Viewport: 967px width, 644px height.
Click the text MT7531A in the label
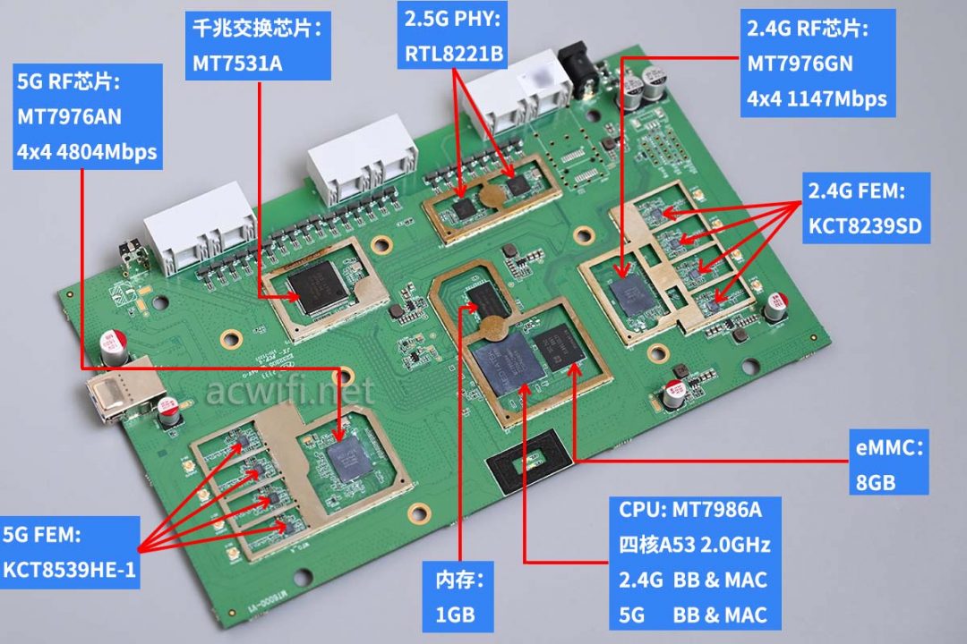[x=237, y=64]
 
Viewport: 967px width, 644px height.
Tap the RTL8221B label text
[x=454, y=55]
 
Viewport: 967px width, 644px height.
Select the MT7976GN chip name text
[x=800, y=64]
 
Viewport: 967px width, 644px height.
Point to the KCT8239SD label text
[x=865, y=226]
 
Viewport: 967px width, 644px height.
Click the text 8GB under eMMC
[x=876, y=482]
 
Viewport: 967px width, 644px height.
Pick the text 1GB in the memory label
[x=455, y=614]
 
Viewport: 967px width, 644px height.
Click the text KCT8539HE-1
[x=69, y=570]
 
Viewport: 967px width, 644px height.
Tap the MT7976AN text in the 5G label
[x=69, y=116]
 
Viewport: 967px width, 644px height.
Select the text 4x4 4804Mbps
[x=86, y=152]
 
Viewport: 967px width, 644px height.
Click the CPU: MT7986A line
[x=690, y=510]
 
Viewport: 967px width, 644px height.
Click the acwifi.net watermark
[x=290, y=391]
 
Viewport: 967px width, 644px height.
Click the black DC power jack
[x=578, y=68]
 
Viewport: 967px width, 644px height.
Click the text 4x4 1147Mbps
[x=817, y=99]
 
